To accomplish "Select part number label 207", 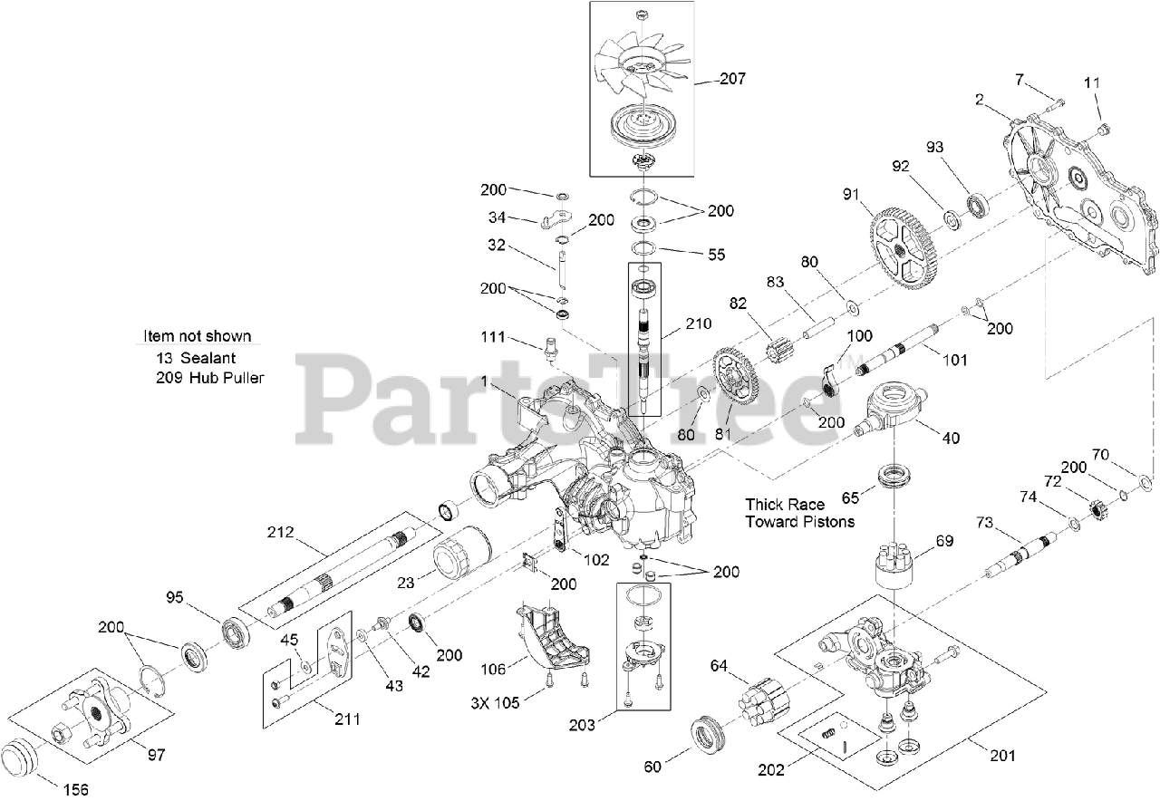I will [x=732, y=79].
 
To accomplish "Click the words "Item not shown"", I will [x=198, y=336].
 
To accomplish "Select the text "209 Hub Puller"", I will [x=209, y=378].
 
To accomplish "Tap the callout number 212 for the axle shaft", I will [x=280, y=532].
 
